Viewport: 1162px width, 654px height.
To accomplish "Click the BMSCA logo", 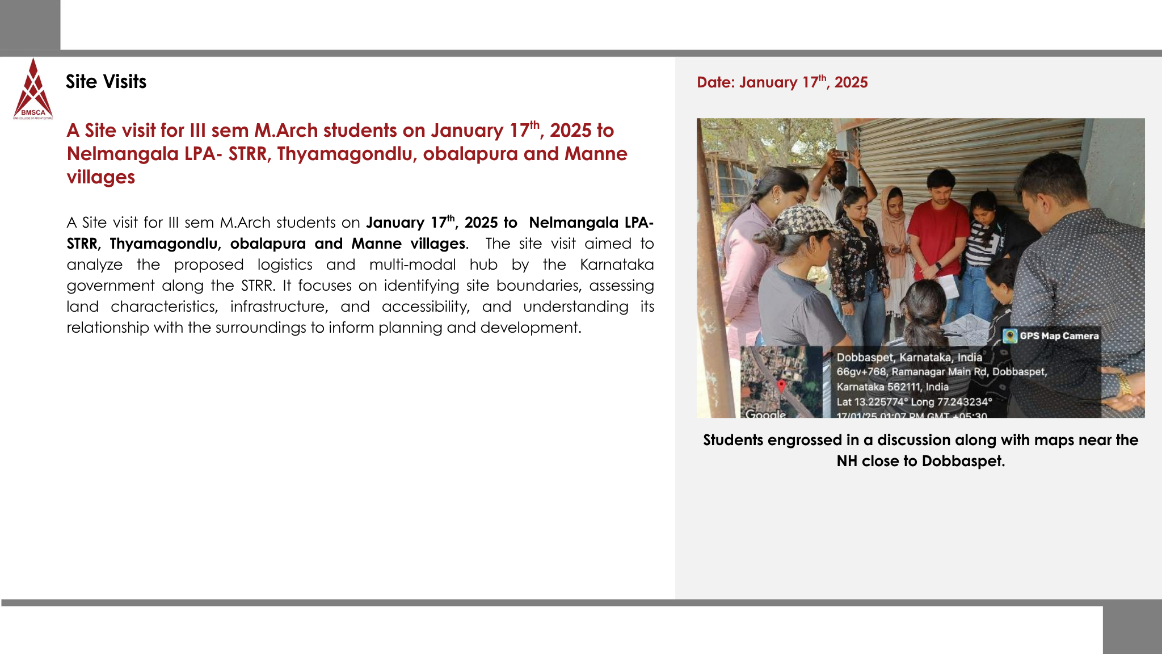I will pos(33,90).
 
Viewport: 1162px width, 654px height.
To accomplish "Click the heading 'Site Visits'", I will pos(106,82).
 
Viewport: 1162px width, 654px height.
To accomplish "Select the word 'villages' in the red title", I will pos(101,177).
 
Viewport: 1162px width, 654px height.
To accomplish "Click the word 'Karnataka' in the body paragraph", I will pos(617,265).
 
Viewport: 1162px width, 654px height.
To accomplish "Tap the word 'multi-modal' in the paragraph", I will pos(412,265).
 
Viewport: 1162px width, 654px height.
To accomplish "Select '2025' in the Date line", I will pos(851,83).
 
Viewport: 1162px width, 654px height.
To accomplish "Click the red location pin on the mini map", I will pos(781,386).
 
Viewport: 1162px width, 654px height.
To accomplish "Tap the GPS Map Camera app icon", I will pos(1010,336).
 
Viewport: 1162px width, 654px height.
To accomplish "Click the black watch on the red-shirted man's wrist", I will pos(938,266).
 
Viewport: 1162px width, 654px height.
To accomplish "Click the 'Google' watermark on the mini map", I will pos(765,414).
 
